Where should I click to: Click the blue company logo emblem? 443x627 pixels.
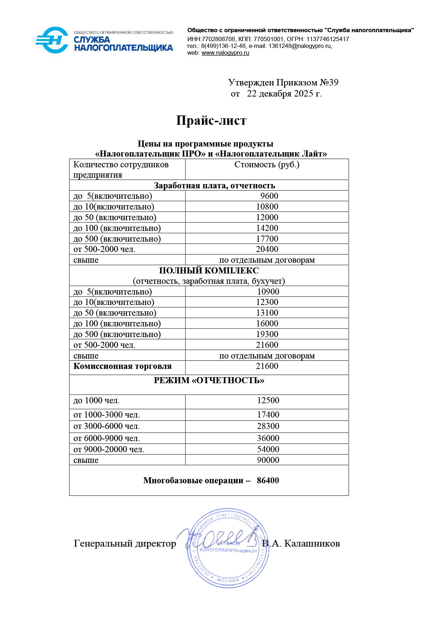point(52,40)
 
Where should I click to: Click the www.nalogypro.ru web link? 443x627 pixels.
point(225,53)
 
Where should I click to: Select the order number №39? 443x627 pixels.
point(329,83)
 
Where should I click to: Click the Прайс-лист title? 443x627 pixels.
point(211,120)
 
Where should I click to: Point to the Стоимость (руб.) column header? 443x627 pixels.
point(267,165)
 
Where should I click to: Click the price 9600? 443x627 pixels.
point(269,196)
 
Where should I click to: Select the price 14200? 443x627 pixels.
point(267,228)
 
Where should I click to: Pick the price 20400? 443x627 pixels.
point(267,249)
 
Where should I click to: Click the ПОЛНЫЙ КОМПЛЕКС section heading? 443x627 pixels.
point(209,271)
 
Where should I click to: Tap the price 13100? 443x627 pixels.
point(267,313)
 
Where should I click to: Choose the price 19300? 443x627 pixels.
point(267,334)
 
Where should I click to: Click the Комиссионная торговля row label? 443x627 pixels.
point(123,366)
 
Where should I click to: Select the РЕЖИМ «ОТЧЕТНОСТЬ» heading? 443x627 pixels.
point(209,380)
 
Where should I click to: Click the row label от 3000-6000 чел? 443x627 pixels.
point(106,426)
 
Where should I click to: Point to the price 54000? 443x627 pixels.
point(268,449)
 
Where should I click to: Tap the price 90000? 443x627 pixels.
point(268,460)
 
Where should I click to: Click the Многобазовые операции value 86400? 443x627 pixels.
point(268,480)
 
